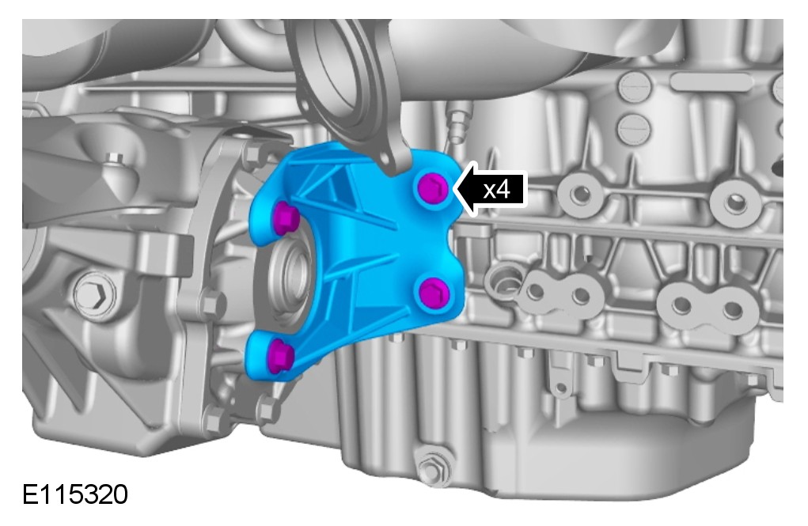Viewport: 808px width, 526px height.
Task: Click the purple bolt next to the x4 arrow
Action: point(432,188)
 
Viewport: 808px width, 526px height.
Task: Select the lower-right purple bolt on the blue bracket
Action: point(434,293)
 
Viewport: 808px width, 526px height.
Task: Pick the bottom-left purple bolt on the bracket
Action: point(281,355)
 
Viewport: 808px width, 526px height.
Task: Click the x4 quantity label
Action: point(496,190)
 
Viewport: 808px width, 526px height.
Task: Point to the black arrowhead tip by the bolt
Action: point(454,189)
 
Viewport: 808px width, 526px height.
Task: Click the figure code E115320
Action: point(75,494)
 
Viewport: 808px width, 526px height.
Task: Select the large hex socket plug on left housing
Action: point(96,294)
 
